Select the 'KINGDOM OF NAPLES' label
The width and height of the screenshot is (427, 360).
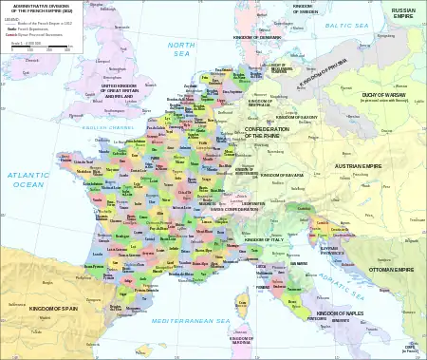pyautogui.click(x=341, y=313)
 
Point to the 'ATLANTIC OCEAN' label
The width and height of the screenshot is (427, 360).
pyautogui.click(x=27, y=180)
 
